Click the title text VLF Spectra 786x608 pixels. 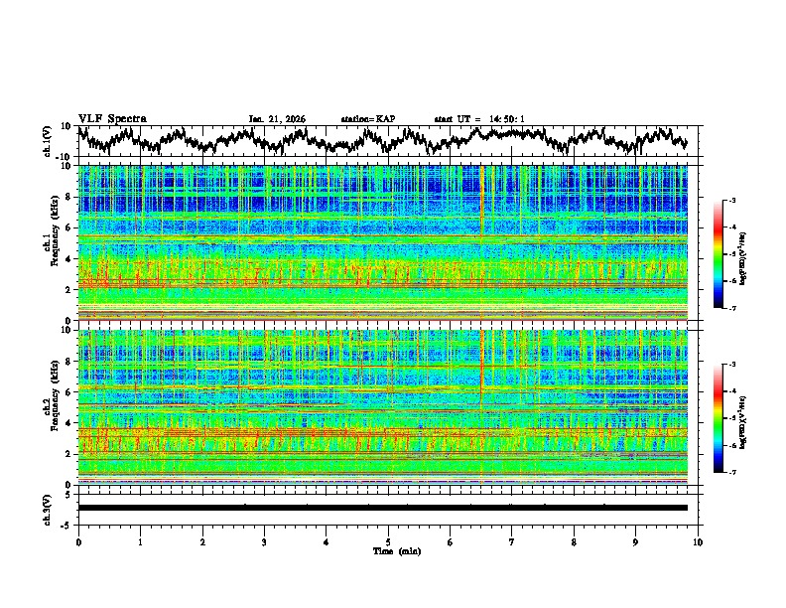point(112,118)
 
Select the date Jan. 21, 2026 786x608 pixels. point(277,119)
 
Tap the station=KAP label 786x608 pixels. point(368,119)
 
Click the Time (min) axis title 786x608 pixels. point(388,550)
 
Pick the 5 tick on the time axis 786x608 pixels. point(388,541)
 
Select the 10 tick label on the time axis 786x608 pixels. point(698,541)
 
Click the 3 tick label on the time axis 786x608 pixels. point(264,541)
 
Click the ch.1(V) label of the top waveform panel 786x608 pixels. point(48,141)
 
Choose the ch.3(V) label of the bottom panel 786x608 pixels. point(48,508)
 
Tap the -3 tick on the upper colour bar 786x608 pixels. point(730,201)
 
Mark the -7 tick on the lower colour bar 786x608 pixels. point(730,472)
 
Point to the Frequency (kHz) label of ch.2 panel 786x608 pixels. point(53,407)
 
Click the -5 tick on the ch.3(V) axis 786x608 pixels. point(68,523)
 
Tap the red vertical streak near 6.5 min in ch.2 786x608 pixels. point(481,373)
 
